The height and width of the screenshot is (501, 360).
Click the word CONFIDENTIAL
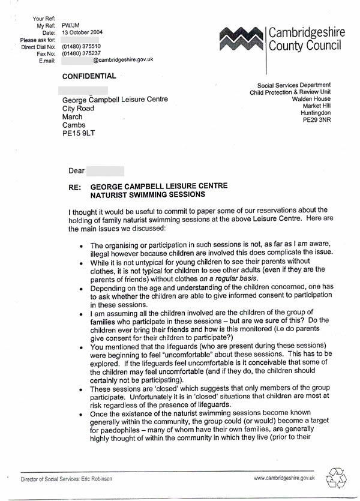(x=89, y=76)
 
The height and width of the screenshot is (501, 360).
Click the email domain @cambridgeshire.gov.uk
(x=124, y=59)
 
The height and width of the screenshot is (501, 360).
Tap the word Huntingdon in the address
(x=315, y=113)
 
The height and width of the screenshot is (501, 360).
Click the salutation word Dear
(x=77, y=171)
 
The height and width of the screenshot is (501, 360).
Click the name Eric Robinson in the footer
(x=98, y=479)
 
